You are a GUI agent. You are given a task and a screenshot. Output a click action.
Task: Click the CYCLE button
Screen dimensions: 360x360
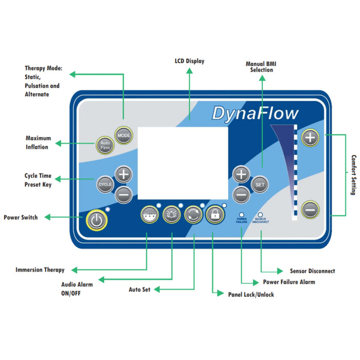[104, 183]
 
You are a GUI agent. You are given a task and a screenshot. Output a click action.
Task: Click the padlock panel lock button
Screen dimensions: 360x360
[214, 215]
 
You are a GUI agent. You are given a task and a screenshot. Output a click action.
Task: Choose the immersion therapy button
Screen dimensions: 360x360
[149, 215]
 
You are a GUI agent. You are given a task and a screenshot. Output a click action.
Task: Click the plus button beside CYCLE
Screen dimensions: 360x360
[123, 174]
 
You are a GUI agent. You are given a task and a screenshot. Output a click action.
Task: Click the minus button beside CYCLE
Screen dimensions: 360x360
[123, 194]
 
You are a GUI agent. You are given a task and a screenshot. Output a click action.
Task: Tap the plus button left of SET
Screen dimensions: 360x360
[241, 175]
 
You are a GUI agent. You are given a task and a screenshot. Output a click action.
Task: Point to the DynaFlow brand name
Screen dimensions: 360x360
[255, 113]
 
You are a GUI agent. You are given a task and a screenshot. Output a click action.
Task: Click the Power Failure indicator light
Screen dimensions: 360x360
[241, 213]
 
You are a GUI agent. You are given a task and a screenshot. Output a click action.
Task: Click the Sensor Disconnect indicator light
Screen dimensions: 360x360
[260, 213]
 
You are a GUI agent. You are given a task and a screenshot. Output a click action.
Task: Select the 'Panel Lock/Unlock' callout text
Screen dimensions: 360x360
[251, 295]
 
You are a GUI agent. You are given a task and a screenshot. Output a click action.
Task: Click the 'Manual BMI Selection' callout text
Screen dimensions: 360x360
[262, 66]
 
